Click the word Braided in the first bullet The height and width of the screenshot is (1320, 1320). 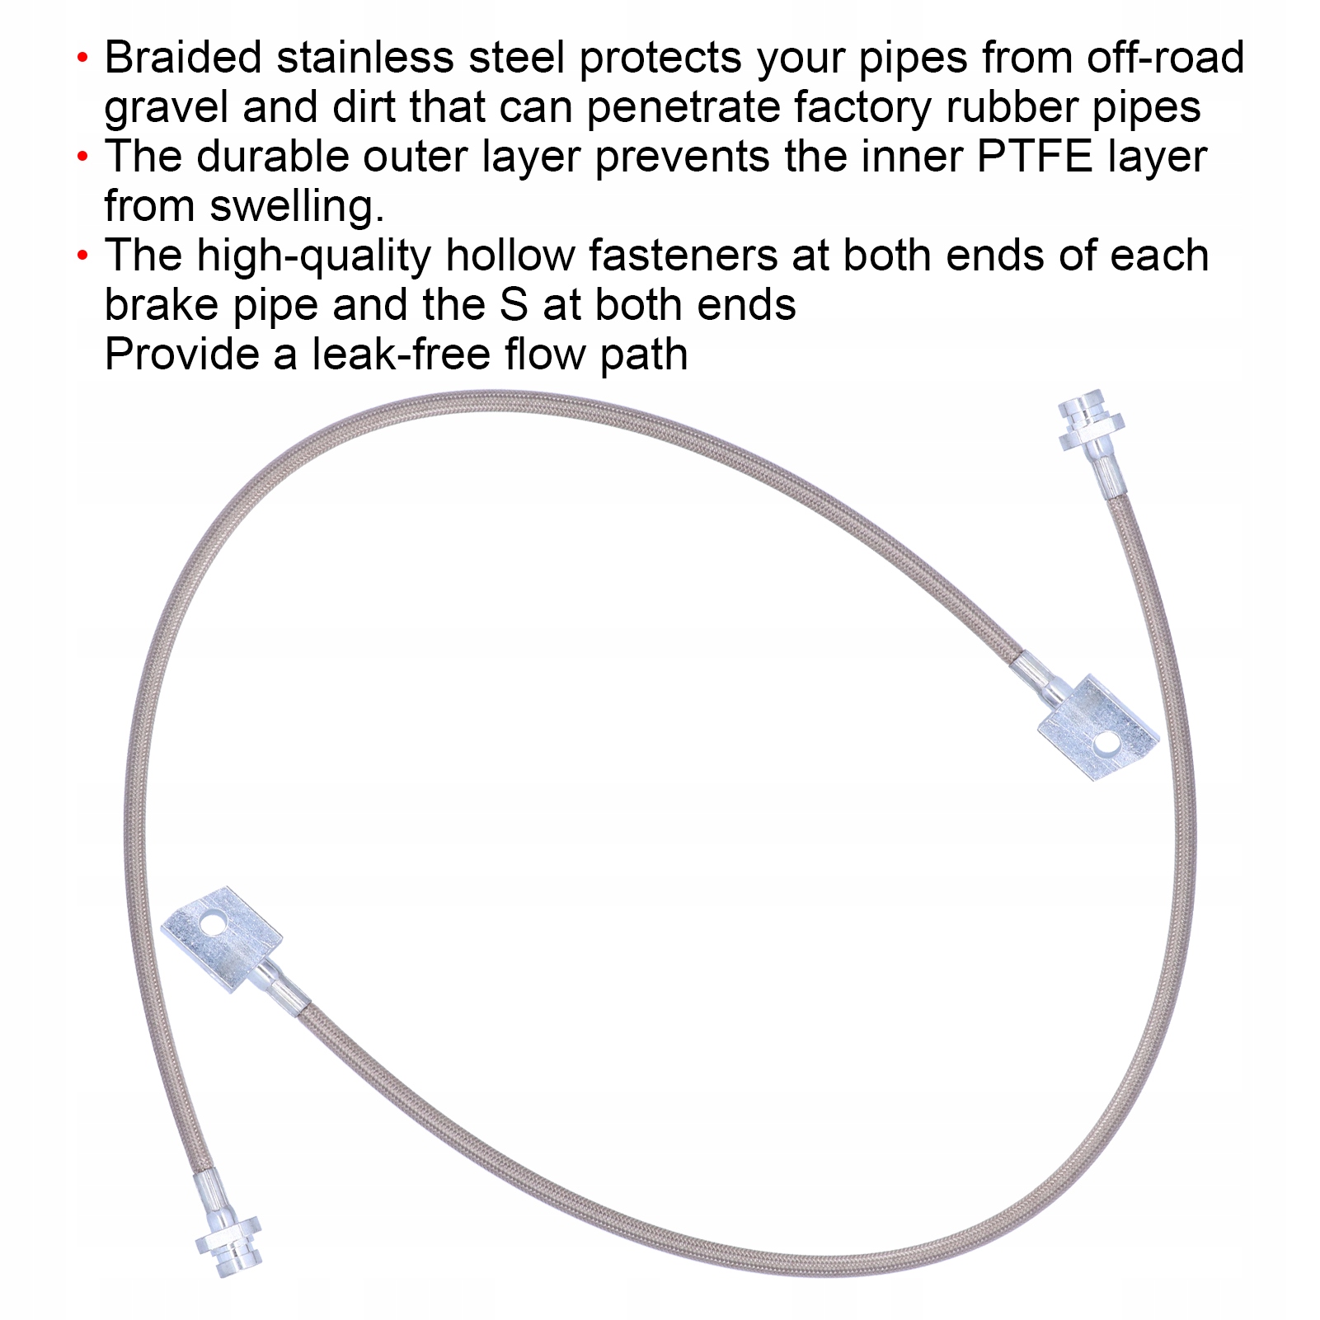tap(183, 58)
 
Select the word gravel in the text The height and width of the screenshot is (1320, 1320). tap(166, 108)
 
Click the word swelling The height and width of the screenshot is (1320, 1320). tap(297, 206)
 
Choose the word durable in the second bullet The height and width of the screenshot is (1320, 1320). tap(273, 157)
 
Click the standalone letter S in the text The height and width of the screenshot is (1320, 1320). tap(514, 305)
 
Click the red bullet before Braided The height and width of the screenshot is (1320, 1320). tap(82, 59)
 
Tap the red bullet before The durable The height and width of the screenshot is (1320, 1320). tap(82, 157)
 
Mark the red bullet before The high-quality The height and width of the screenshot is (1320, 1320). tap(82, 256)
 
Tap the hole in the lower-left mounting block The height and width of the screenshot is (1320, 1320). tap(213, 924)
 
